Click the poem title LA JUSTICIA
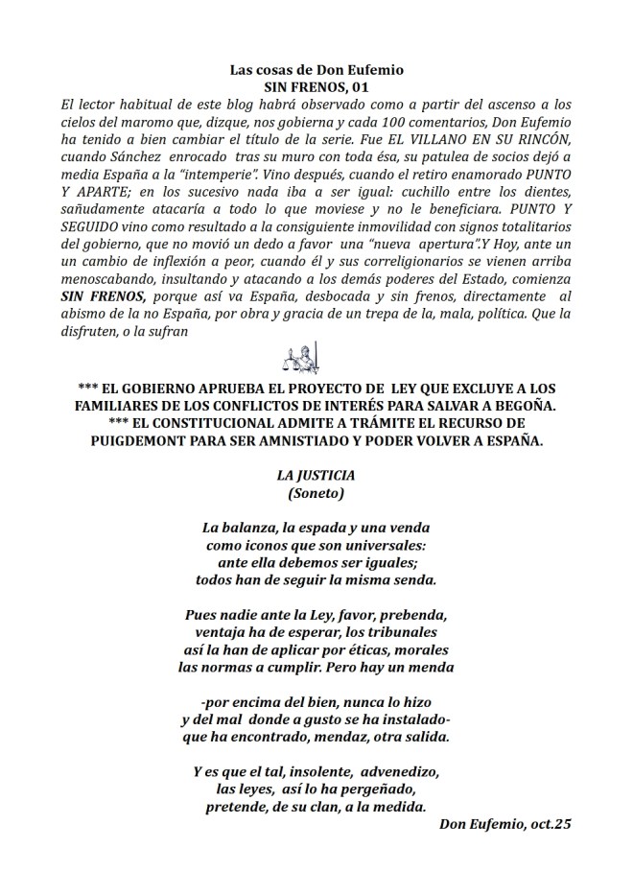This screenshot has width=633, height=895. tap(316, 476)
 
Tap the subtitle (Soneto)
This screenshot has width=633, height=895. tap(316, 494)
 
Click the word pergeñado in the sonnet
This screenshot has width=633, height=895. tap(371, 789)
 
